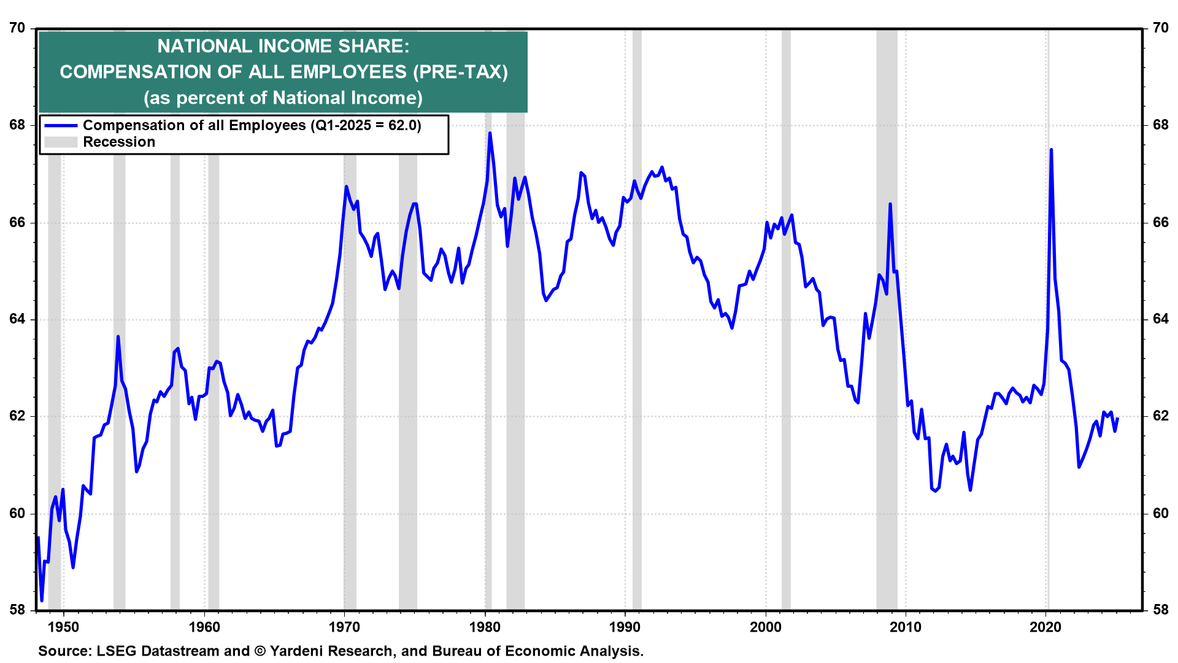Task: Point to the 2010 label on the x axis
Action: point(906,627)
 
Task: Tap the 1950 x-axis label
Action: point(64,627)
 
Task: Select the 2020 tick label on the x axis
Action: point(1045,627)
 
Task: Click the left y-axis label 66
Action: point(17,222)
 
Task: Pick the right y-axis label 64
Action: point(1160,319)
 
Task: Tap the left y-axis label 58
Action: point(17,610)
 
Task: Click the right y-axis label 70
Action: point(1160,28)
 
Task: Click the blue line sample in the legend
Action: point(61,126)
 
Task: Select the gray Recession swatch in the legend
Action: point(61,142)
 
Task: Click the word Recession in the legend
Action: point(119,142)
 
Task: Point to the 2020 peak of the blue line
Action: point(1051,150)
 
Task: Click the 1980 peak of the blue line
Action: point(490,133)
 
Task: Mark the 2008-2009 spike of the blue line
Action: point(890,204)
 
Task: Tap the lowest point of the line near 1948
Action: point(42,600)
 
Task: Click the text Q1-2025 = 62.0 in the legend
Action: point(366,126)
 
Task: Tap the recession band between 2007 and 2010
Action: point(887,368)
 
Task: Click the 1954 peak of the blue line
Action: point(118,337)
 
